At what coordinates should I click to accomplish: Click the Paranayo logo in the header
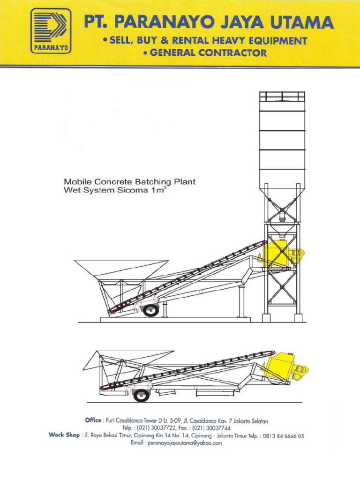51,32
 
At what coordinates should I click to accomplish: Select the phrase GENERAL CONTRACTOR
205,53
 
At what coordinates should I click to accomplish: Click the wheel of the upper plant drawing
150,309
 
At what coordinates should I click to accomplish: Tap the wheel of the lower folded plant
141,395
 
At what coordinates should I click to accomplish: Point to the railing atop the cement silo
282,97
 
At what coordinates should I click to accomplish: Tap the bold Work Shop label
64,435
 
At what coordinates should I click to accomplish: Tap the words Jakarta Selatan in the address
255,421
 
